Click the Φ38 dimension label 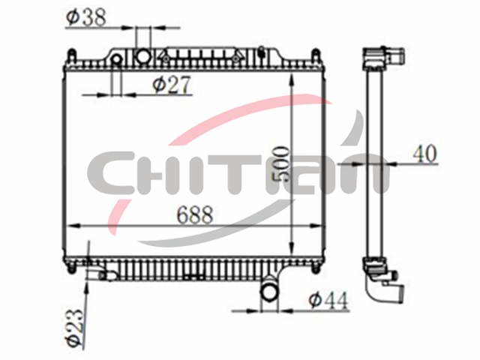tap(86, 17)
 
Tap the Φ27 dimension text tap(172, 85)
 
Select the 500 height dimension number tap(280, 164)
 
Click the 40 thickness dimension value tap(424, 154)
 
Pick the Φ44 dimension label tap(328, 300)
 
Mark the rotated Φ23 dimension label tap(75, 328)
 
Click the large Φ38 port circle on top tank tap(143, 56)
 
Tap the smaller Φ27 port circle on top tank tap(117, 59)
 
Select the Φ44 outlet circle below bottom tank tap(268, 292)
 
